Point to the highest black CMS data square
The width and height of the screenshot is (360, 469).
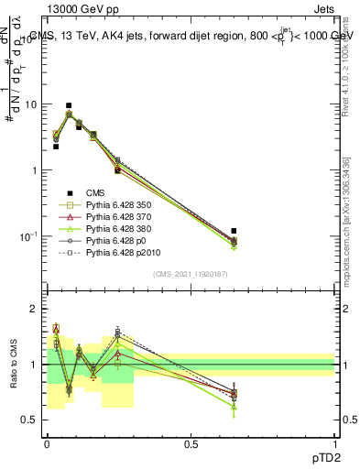click(69, 105)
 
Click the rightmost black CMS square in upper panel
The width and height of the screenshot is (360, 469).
click(234, 231)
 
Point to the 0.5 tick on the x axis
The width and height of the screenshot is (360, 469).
click(191, 442)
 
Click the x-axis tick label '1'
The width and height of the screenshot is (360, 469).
click(334, 442)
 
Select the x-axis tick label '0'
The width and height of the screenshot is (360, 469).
click(47, 442)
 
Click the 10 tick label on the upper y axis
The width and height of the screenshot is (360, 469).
click(30, 104)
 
